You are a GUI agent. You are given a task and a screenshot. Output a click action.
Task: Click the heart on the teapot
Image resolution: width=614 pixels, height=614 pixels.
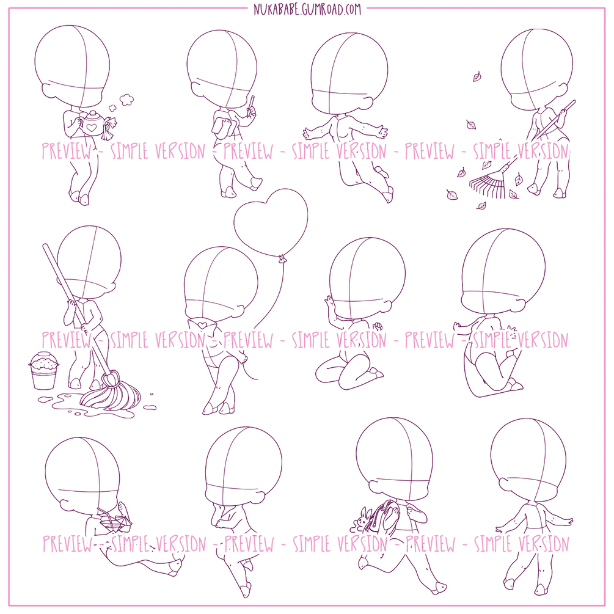91,127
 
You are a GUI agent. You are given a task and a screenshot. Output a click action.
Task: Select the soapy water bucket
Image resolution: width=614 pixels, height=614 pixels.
43,370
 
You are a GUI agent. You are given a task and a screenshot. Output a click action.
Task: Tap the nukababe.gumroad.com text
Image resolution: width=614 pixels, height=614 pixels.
307,9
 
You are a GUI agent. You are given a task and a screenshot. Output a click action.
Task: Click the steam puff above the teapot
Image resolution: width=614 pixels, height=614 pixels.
126,100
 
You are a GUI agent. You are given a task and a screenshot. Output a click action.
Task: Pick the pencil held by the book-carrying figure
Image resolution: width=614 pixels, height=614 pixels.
250,105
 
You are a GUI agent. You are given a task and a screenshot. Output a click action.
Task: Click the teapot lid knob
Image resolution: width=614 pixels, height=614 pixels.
93,113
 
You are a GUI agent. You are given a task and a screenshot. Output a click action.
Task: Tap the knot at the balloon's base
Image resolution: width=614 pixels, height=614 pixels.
281,258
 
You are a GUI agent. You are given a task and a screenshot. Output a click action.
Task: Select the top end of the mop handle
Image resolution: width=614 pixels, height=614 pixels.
45,247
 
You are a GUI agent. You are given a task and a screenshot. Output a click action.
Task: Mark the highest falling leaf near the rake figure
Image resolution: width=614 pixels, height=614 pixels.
477,76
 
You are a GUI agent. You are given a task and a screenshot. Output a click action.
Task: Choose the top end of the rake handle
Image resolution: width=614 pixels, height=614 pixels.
574,101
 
